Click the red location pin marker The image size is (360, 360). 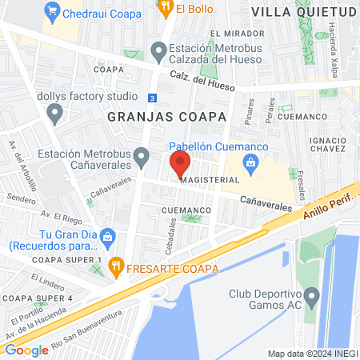[179, 165]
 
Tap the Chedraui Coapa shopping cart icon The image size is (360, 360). [53, 10]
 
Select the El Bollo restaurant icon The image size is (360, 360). [166, 9]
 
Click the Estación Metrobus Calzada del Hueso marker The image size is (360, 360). [160, 54]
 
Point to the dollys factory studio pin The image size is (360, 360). [54, 114]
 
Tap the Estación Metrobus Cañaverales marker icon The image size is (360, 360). [142, 158]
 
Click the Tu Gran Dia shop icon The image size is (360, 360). [109, 237]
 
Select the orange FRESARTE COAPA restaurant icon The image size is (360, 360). [117, 268]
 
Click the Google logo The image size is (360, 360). [26, 350]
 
